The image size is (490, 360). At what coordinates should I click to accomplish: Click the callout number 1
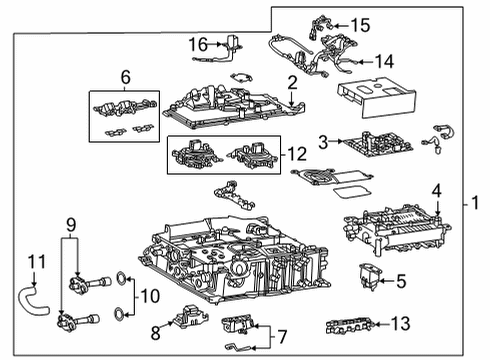click(478, 204)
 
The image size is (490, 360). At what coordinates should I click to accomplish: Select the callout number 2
click(291, 83)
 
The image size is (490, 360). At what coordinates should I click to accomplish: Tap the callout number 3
click(323, 141)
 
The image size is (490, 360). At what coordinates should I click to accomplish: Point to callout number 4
click(435, 190)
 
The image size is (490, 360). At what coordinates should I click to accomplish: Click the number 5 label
click(400, 281)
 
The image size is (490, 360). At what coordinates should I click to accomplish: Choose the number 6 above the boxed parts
click(126, 77)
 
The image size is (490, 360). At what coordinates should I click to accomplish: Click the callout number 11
click(37, 263)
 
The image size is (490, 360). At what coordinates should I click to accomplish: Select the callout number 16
click(199, 44)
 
